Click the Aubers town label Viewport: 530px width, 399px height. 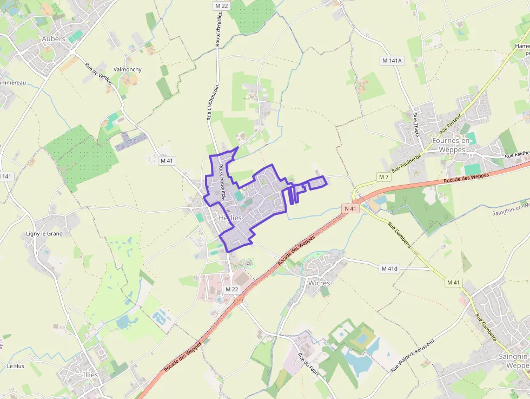click(x=54, y=39)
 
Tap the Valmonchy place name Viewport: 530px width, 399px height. click(x=128, y=70)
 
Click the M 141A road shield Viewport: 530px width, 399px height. click(x=393, y=61)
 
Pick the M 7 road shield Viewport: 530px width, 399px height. click(x=384, y=177)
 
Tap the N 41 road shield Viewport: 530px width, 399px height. click(x=350, y=208)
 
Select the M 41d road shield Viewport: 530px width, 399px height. click(x=389, y=269)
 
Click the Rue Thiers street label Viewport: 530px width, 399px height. click(x=416, y=126)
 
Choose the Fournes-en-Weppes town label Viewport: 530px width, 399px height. click(x=452, y=145)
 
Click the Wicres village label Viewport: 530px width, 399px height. click(x=319, y=283)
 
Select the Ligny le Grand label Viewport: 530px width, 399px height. click(x=44, y=234)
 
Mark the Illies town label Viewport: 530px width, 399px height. click(x=91, y=375)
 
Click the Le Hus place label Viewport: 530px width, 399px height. click(x=16, y=366)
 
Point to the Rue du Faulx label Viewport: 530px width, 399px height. click(x=306, y=365)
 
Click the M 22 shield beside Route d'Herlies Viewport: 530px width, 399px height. click(x=220, y=5)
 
